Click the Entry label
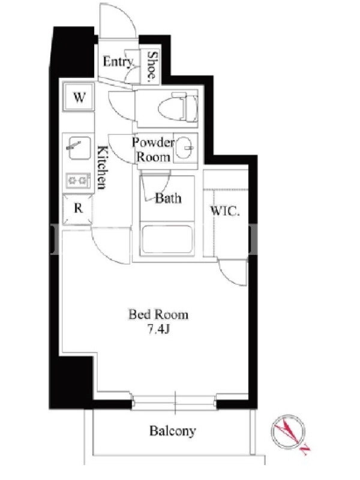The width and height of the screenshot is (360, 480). click(x=118, y=62)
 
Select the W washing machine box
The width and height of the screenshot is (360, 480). click(x=79, y=97)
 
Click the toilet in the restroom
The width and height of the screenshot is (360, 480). click(x=178, y=108)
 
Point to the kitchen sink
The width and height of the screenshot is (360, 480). click(x=79, y=148)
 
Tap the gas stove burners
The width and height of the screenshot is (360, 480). click(x=79, y=181)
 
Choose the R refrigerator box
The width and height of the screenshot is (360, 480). click(x=77, y=209)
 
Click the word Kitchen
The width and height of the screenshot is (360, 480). click(x=102, y=168)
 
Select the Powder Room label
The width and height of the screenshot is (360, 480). click(x=153, y=149)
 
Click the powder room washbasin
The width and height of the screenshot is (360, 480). click(x=185, y=148)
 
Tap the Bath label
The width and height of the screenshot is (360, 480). click(x=168, y=199)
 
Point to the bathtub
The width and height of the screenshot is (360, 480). click(x=167, y=240)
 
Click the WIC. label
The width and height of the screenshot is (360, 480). click(x=224, y=211)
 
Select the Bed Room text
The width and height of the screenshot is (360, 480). click(x=158, y=314)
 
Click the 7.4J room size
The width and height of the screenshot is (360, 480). click(x=158, y=329)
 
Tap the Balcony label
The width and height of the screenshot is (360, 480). click(x=172, y=431)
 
